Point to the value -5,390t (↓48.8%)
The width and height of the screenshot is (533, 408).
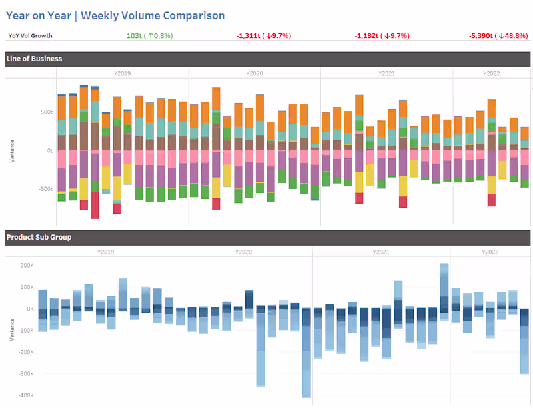(496, 36)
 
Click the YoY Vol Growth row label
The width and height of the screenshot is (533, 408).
(30, 36)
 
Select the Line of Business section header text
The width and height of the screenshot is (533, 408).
(34, 59)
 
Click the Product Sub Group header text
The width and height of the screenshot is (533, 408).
(39, 237)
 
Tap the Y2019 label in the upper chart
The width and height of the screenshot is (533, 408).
(123, 73)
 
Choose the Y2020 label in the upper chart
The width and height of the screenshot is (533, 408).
(255, 73)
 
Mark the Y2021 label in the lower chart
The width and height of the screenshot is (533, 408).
(381, 252)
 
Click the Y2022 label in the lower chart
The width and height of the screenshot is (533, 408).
(490, 252)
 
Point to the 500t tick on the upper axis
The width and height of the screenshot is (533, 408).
(46, 112)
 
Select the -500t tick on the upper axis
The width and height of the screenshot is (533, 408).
(45, 189)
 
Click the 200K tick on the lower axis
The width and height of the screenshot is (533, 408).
(27, 265)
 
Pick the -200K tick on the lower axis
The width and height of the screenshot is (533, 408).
(26, 352)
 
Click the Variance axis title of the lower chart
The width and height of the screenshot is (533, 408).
(11, 329)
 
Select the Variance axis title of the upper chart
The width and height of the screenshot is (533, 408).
(11, 151)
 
